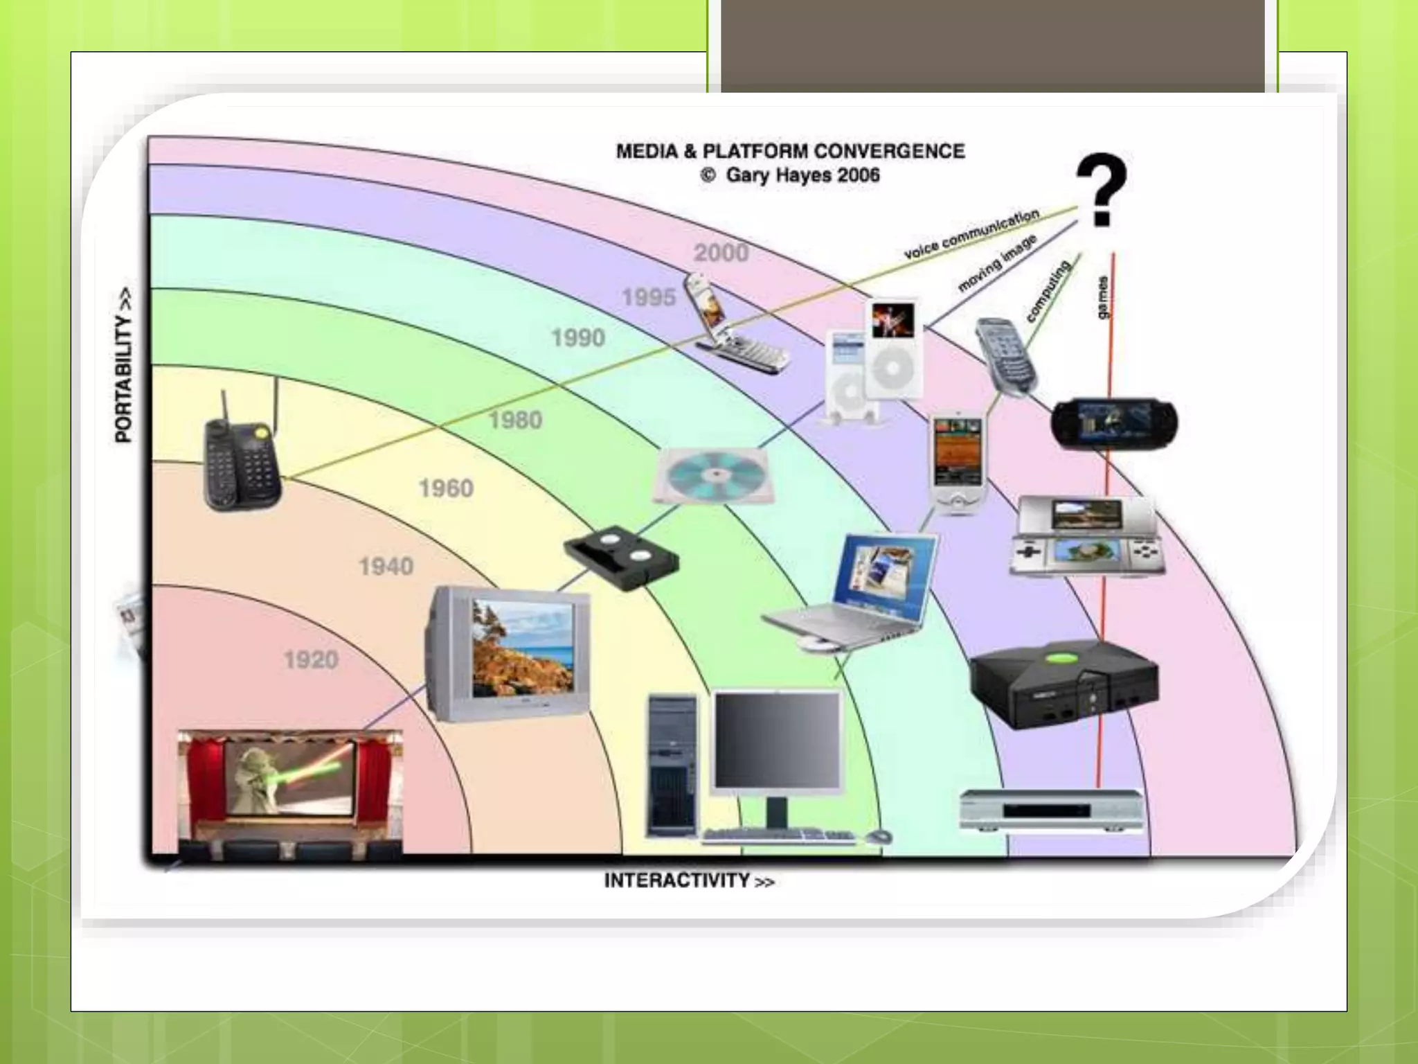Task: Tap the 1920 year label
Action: point(311,659)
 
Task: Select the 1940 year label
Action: point(386,567)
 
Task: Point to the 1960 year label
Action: point(446,488)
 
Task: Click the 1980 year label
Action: point(515,420)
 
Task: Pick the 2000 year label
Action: point(721,253)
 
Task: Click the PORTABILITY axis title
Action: point(123,365)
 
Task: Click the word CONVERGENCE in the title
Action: point(889,151)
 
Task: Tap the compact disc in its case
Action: point(711,476)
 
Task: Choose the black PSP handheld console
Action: point(1113,423)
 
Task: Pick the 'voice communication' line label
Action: point(971,234)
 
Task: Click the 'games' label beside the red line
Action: point(1102,297)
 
